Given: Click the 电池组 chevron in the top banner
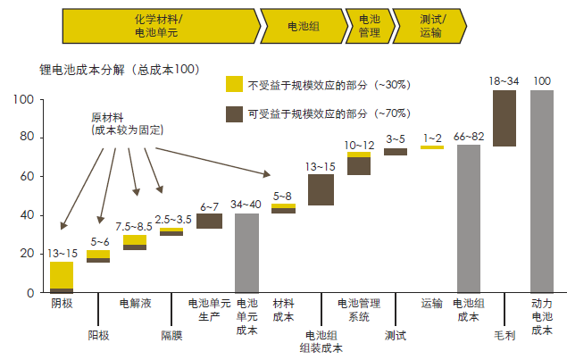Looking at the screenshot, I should tap(304, 26).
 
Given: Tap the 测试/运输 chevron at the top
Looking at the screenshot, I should tap(430, 26).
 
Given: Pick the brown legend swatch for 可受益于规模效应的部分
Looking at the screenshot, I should tap(233, 113).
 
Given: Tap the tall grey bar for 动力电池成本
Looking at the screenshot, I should tap(541, 191).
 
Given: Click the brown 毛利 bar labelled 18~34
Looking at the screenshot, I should tap(504, 118).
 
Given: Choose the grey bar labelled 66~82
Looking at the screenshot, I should tap(469, 218).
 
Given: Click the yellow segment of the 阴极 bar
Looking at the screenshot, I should tap(62, 274).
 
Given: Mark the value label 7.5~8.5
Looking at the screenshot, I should tap(135, 227).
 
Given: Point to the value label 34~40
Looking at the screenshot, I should tap(246, 205).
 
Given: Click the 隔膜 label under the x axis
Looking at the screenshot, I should tap(171, 335).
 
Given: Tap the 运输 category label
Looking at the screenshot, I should tap(432, 304).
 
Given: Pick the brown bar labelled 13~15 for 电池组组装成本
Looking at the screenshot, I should tap(321, 189).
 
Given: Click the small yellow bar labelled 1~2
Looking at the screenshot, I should tap(432, 147).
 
